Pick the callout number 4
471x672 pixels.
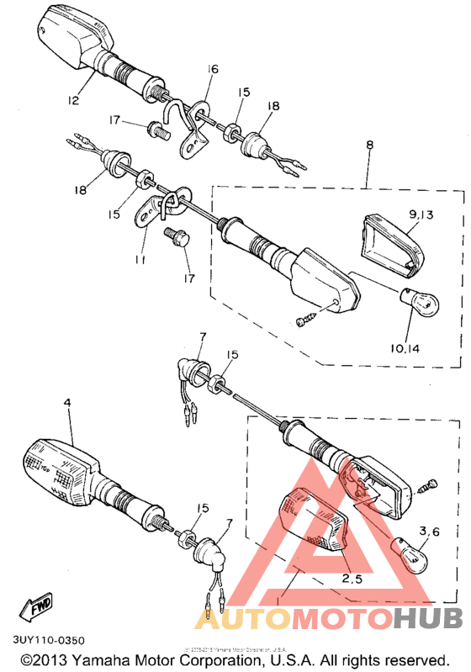point(67,404)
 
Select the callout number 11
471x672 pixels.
point(140,262)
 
